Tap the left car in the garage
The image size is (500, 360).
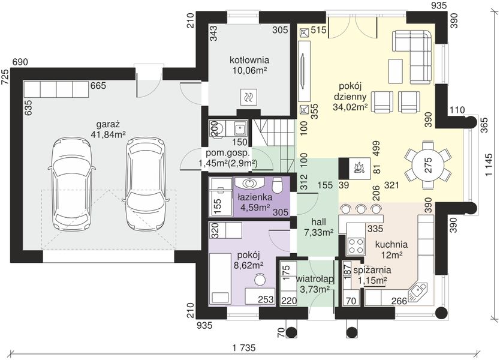click(x=71, y=185)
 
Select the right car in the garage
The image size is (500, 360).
click(x=146, y=184)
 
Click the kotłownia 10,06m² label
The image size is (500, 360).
click(x=249, y=65)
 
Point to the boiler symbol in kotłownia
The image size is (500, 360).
click(x=248, y=97)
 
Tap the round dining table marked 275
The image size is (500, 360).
click(x=428, y=165)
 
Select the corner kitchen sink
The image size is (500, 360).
click(x=417, y=292)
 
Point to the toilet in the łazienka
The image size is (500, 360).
click(x=278, y=185)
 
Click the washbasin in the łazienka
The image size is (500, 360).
click(x=249, y=183)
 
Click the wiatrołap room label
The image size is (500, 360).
click(x=315, y=284)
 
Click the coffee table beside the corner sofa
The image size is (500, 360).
click(x=395, y=71)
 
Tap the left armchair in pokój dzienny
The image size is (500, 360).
click(x=384, y=102)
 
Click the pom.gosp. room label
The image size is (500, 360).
click(x=228, y=158)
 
